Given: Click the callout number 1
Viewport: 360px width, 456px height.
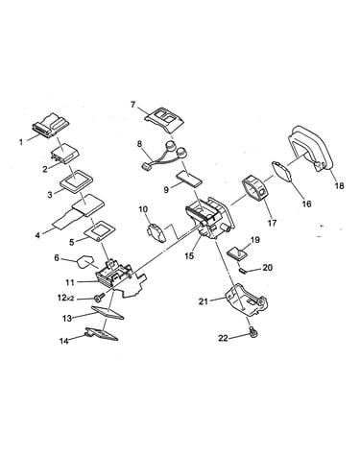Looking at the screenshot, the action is click(21, 141).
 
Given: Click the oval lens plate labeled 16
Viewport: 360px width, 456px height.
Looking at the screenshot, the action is click(282, 172).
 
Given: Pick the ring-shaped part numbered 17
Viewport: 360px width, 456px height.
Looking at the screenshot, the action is click(255, 189).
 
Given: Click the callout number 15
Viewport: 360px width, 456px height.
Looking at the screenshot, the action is click(189, 255).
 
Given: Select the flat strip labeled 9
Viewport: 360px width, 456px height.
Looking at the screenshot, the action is click(189, 179).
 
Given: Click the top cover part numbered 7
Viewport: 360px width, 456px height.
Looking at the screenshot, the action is click(164, 120).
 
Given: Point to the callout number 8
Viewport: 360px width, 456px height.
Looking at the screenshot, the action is click(139, 144).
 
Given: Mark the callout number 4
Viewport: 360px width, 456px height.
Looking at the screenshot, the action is click(37, 235).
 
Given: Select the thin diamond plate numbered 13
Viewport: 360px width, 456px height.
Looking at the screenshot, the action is click(108, 312).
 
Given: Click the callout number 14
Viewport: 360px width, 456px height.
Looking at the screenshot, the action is click(64, 341).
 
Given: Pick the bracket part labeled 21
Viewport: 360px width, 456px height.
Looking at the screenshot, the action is click(247, 300).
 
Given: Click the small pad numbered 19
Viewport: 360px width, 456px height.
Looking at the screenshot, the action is click(237, 253).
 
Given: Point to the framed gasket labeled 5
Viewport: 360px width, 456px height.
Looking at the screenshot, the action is click(100, 230).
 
